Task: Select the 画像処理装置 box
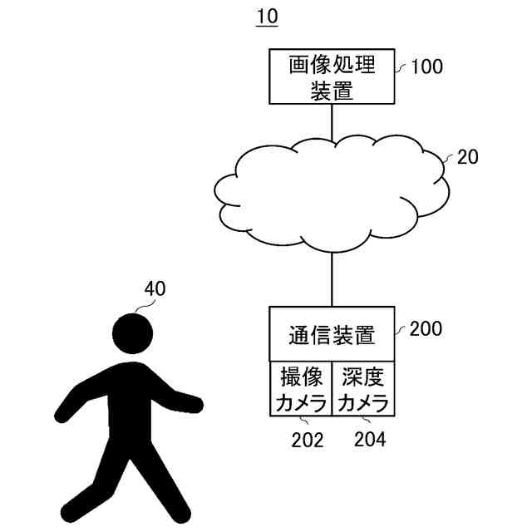click(332, 77)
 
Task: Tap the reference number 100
click(427, 67)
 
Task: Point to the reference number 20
click(468, 157)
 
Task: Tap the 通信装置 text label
click(332, 335)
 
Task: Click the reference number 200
click(426, 328)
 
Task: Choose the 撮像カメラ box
click(300, 389)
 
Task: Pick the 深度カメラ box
click(363, 389)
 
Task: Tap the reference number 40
click(155, 289)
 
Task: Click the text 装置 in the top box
click(332, 91)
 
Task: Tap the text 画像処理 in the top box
click(332, 65)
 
